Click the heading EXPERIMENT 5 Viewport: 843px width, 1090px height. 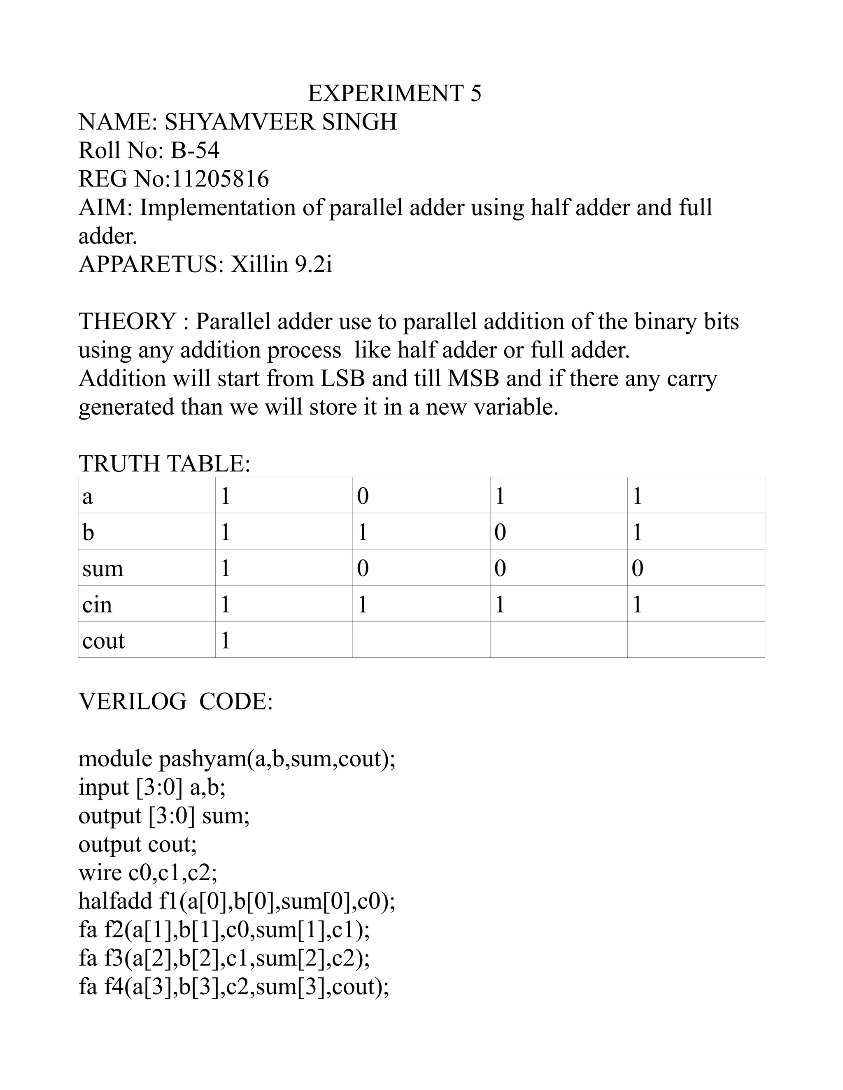(x=394, y=93)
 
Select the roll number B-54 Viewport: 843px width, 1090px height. (x=195, y=151)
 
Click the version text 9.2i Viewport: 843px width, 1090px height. (x=313, y=264)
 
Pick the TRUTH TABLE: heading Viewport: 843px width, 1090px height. (x=164, y=464)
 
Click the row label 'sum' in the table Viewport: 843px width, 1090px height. (x=103, y=568)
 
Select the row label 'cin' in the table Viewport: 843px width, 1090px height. (x=98, y=605)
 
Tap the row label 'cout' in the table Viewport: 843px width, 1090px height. (x=103, y=641)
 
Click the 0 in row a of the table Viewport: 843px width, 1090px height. (x=363, y=496)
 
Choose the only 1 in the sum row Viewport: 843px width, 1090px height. (x=225, y=568)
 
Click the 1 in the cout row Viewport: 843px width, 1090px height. (x=225, y=641)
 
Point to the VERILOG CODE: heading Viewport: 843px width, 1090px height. (x=176, y=702)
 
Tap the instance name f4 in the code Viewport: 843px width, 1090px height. (x=114, y=987)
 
